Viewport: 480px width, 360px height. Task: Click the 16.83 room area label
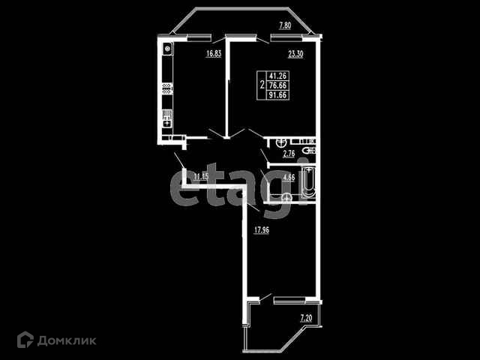coord(214,54)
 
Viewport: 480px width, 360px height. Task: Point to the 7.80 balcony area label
coord(285,26)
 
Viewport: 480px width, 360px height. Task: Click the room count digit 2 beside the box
coord(260,85)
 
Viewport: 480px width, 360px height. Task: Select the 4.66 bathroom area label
coord(289,178)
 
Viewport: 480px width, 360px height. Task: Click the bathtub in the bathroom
coord(307,184)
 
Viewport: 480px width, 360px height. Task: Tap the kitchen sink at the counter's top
coord(167,50)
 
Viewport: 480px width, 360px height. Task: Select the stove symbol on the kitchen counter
coord(167,118)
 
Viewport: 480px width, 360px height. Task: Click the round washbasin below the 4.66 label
coord(286,197)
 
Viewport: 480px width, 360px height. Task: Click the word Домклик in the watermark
coord(69,340)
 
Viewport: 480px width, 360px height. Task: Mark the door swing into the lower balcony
coord(255,300)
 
